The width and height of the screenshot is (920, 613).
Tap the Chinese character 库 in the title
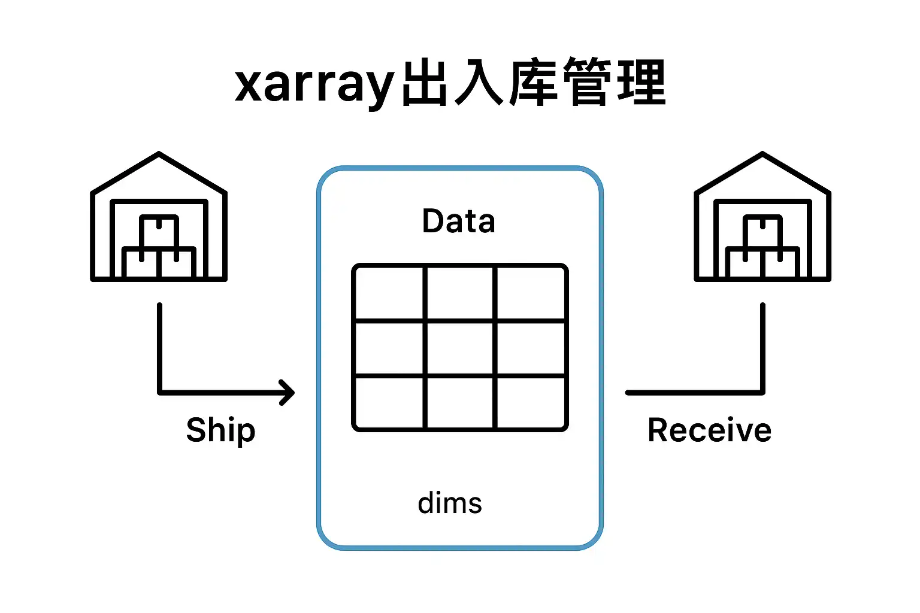click(534, 83)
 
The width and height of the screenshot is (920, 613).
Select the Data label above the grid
click(459, 221)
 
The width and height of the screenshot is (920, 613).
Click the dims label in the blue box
click(450, 503)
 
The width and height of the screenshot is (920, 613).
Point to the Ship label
click(220, 430)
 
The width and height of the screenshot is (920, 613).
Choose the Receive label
click(709, 430)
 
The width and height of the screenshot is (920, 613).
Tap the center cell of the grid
click(460, 348)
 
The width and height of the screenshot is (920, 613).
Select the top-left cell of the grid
click(390, 293)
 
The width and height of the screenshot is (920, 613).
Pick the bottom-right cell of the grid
click(531, 402)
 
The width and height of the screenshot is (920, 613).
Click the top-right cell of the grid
click(531, 293)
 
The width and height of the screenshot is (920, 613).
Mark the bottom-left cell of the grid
click(390, 402)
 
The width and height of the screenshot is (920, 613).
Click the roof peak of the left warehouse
click(159, 154)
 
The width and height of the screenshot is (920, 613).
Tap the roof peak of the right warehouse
click(762, 154)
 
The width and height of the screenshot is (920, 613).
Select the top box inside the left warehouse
click(159, 230)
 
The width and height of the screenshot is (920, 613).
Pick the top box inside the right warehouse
click(762, 230)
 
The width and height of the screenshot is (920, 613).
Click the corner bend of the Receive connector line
click(762, 393)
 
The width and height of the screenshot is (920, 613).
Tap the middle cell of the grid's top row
click(460, 293)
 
